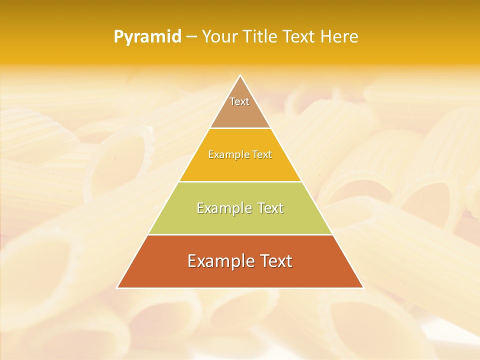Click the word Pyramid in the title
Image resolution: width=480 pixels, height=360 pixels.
click(x=147, y=36)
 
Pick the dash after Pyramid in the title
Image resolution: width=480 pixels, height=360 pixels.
click(x=191, y=37)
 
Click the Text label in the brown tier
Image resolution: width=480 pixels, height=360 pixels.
click(x=239, y=101)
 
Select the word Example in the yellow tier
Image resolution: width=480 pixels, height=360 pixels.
click(x=226, y=154)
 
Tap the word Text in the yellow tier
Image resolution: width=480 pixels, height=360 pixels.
click(x=261, y=154)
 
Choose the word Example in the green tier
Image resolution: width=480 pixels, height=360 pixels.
click(x=223, y=208)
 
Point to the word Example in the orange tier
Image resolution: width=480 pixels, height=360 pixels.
click(x=218, y=261)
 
